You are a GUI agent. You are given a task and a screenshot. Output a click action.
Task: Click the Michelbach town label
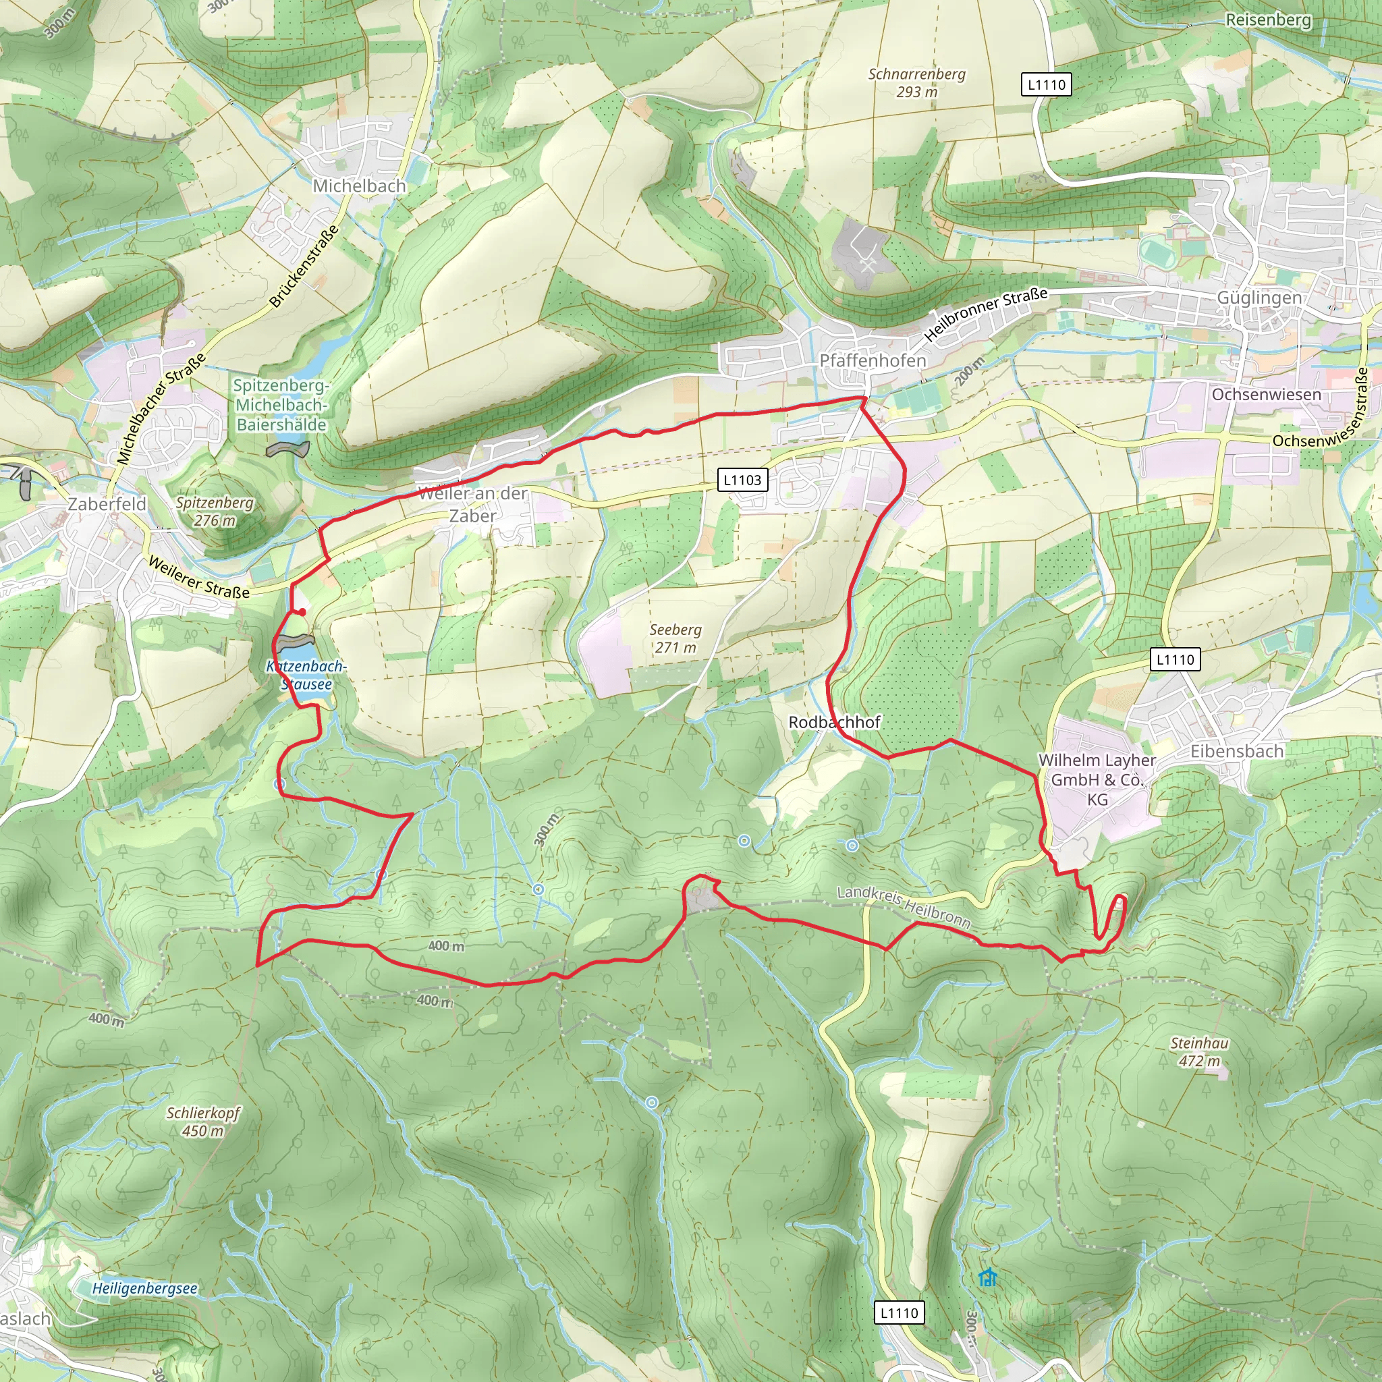click(359, 186)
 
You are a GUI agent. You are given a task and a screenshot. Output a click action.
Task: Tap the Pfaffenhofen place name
click(872, 360)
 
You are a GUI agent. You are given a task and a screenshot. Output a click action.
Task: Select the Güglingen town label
click(1259, 298)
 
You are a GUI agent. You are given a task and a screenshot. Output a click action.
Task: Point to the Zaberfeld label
click(107, 504)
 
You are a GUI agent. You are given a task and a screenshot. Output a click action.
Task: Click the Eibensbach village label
click(1237, 751)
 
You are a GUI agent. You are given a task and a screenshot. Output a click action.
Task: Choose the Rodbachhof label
click(834, 722)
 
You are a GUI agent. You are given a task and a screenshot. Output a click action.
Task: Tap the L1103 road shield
click(742, 480)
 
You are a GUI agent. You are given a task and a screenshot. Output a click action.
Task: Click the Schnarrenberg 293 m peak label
click(916, 83)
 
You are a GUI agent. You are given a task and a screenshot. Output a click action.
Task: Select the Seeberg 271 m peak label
click(675, 638)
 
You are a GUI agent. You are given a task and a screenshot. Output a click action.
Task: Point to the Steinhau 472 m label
click(1200, 1051)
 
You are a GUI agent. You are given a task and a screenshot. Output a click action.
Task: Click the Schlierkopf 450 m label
click(203, 1122)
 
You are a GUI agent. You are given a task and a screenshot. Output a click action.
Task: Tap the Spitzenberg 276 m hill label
click(215, 512)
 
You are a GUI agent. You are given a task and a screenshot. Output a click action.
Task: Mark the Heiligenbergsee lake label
click(144, 1288)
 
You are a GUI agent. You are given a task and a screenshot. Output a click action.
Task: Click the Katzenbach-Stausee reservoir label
click(306, 675)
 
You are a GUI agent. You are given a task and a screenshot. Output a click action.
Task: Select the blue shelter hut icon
click(987, 1277)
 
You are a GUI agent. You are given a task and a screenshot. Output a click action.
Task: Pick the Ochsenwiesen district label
click(1266, 394)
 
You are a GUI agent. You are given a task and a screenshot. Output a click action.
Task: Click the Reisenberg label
click(1268, 20)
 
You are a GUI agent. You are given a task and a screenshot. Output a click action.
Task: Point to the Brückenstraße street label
click(304, 266)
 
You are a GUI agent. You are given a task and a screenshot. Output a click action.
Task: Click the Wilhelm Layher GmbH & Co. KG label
click(1097, 779)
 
